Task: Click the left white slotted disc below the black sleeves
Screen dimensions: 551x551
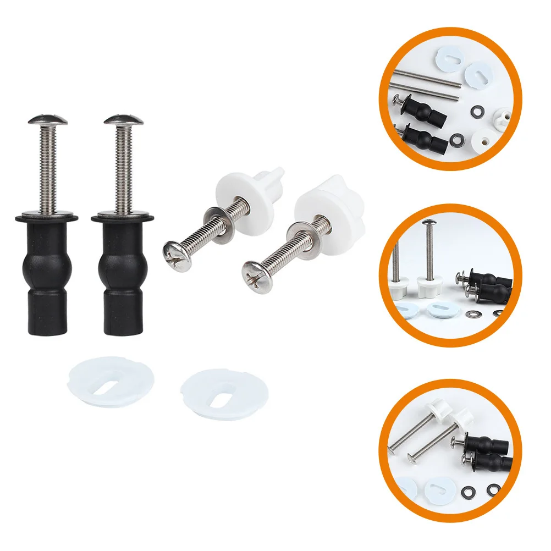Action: (x=111, y=380)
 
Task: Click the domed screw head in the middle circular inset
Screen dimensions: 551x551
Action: (x=428, y=224)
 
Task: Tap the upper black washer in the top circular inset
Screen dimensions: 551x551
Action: (x=474, y=109)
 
